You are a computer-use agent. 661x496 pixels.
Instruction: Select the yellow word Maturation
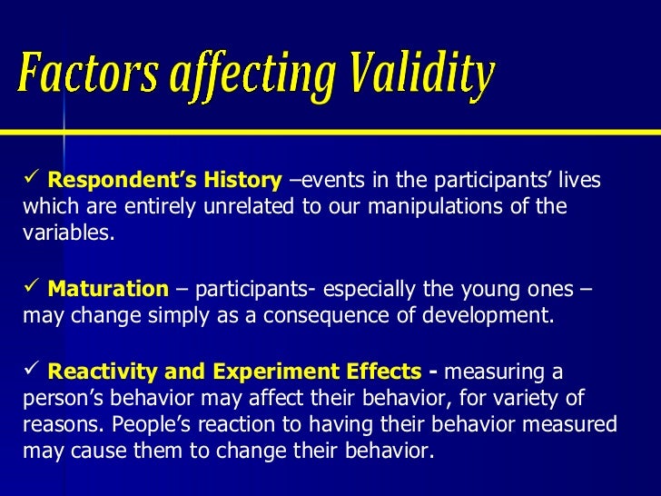point(107,290)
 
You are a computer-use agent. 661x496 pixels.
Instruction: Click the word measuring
point(500,372)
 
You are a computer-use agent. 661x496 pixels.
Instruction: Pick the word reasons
point(56,424)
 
